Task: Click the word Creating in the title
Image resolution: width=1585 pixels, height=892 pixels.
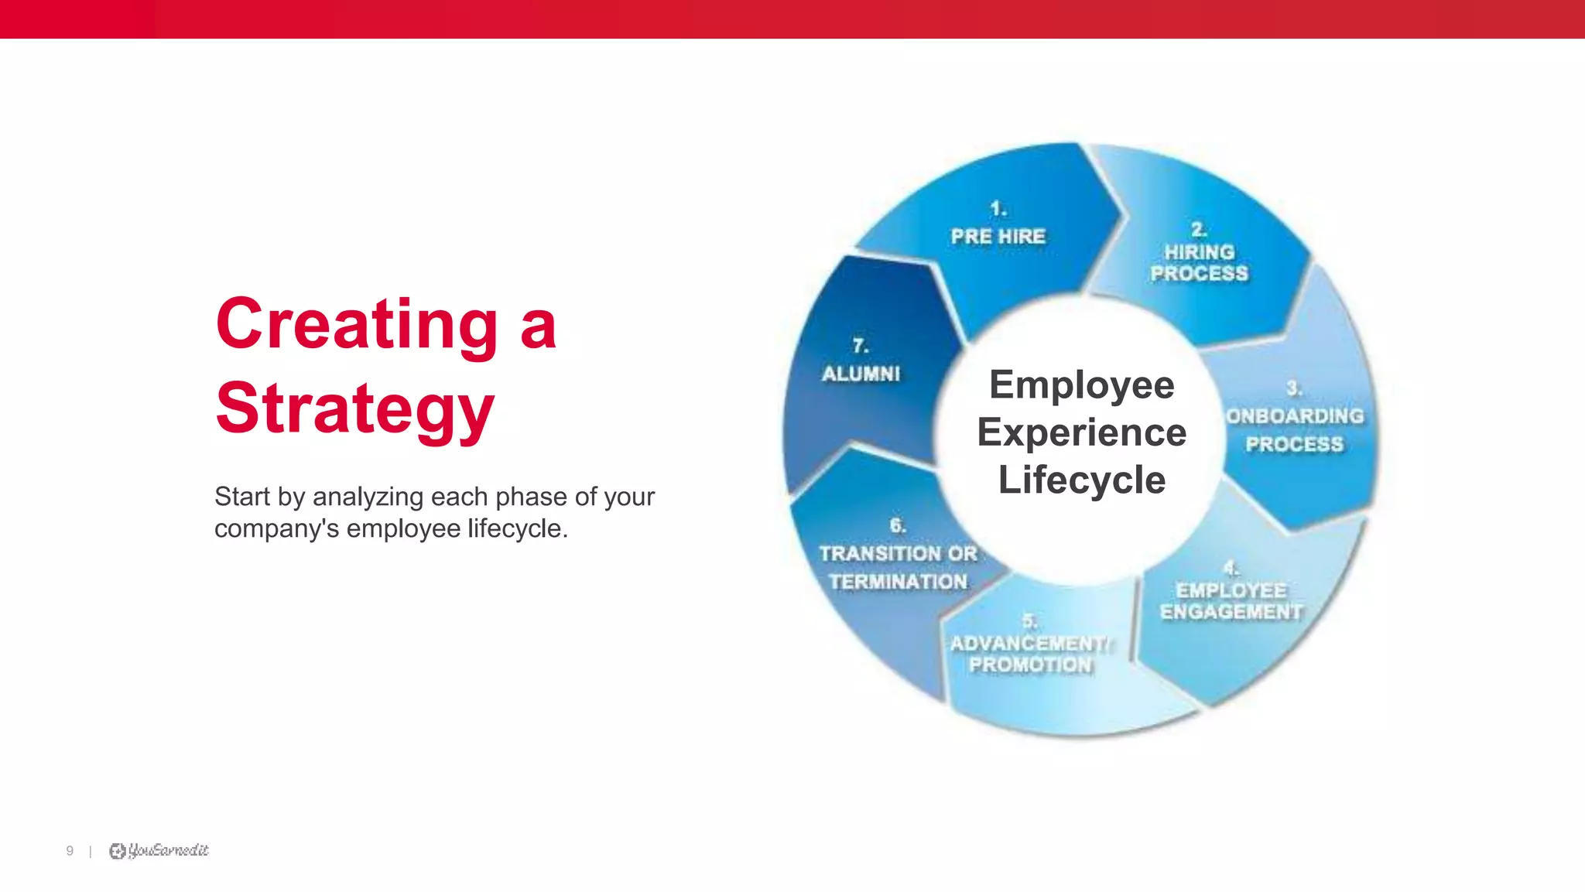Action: point(357,325)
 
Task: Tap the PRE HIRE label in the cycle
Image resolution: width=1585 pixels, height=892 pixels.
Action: point(998,236)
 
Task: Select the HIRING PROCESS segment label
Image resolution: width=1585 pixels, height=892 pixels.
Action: point(1199,263)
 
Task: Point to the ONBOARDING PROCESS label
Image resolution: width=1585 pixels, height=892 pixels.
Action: point(1295,430)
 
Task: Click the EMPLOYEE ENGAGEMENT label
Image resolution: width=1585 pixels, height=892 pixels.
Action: point(1231,601)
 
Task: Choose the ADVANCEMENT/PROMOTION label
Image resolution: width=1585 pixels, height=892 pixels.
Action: point(1029,654)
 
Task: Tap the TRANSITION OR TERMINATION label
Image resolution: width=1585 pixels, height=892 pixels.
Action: point(898,568)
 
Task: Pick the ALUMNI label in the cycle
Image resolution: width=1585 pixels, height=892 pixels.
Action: point(861,374)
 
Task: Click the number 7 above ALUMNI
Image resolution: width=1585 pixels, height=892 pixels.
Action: point(860,345)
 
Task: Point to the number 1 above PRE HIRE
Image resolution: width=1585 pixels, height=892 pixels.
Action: point(998,209)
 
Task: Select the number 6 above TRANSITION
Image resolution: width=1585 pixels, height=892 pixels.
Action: point(897,526)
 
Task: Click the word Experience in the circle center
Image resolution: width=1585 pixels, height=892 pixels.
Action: point(1081,432)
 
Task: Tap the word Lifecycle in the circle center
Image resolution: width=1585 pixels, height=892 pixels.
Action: point(1081,480)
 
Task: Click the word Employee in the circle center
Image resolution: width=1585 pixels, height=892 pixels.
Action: point(1081,385)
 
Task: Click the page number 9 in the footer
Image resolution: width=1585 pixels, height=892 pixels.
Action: point(70,851)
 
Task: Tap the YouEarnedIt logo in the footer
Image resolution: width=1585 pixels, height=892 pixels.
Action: point(159,851)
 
